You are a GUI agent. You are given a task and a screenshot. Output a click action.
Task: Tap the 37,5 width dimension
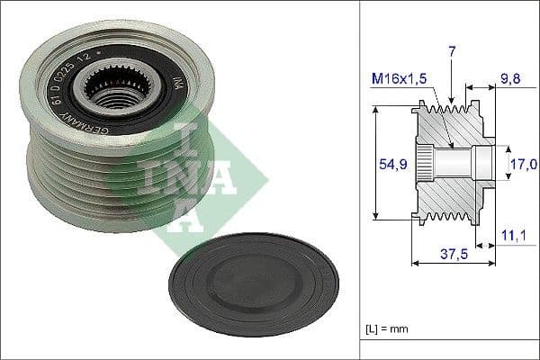[453, 254]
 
